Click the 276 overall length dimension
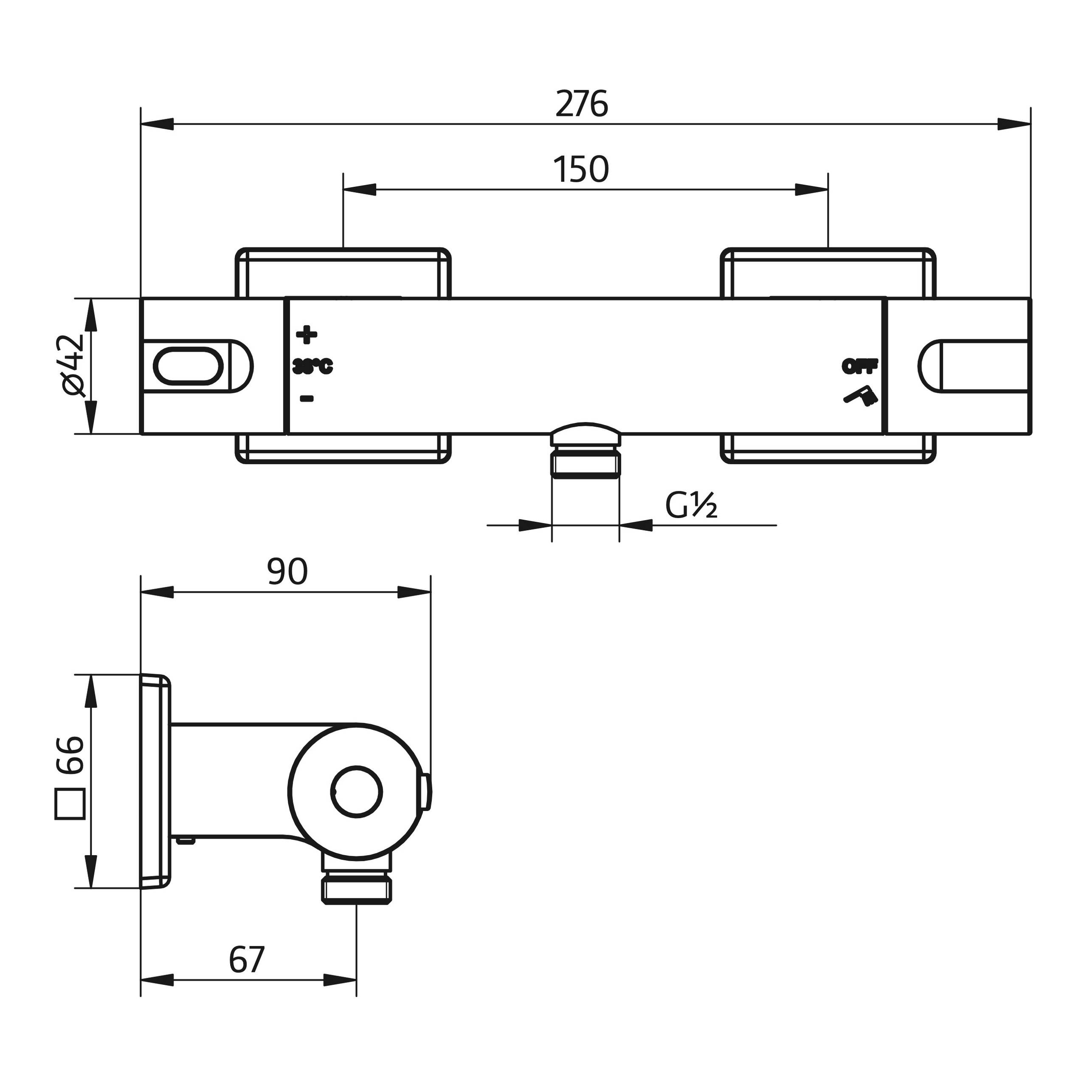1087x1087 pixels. (x=581, y=104)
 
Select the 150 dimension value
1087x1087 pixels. (x=581, y=169)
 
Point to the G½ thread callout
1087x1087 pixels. (x=691, y=505)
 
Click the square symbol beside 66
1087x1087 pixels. (x=70, y=803)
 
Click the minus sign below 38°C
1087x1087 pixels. (x=307, y=399)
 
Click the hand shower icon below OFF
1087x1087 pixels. (x=860, y=396)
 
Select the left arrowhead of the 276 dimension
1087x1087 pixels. (x=158, y=124)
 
